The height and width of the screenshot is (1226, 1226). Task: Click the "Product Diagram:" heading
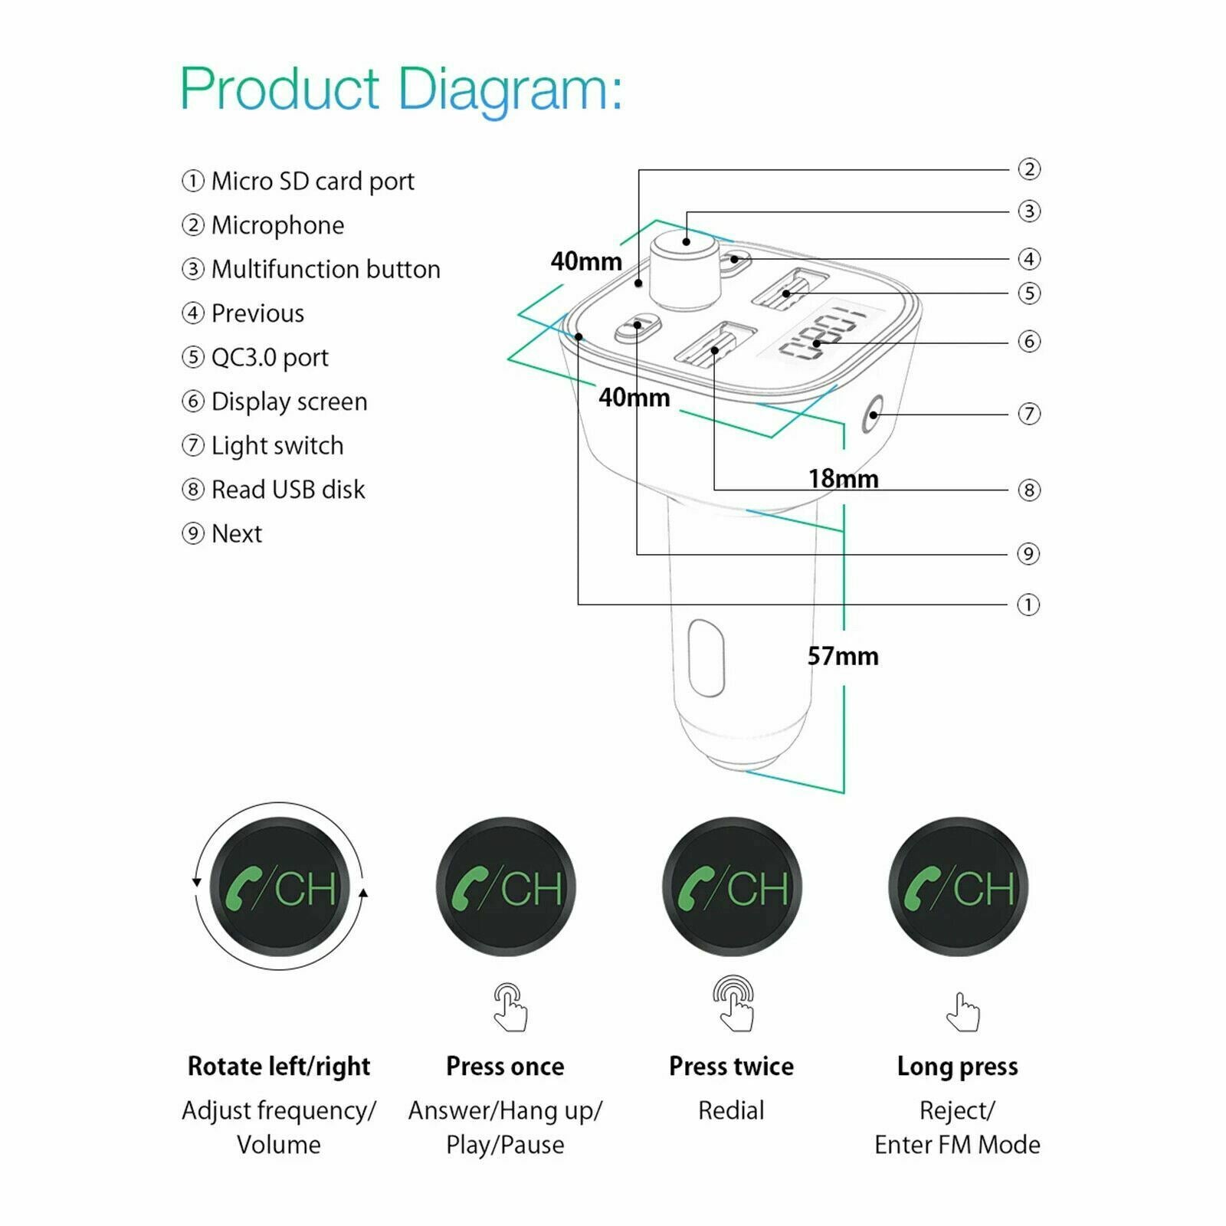pyautogui.click(x=401, y=90)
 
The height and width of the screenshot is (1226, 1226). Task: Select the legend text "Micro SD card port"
pyautogui.click(x=313, y=182)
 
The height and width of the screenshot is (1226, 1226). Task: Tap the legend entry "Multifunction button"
pyautogui.click(x=326, y=270)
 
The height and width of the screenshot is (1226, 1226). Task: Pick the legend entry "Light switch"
pyautogui.click(x=277, y=446)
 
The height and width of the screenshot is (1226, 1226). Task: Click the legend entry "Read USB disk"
pyautogui.click(x=288, y=490)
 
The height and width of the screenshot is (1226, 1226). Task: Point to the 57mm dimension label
pyautogui.click(x=843, y=657)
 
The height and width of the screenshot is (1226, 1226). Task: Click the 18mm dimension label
pyautogui.click(x=844, y=479)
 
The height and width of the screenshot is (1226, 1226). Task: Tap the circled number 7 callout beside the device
pyautogui.click(x=1029, y=414)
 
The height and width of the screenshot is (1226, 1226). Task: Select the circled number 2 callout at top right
pyautogui.click(x=1029, y=169)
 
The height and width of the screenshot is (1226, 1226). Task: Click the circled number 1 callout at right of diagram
pyautogui.click(x=1028, y=605)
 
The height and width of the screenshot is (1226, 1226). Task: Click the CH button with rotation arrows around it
pyautogui.click(x=280, y=887)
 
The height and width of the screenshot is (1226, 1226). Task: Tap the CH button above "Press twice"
pyautogui.click(x=732, y=887)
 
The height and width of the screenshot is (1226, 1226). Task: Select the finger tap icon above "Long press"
pyautogui.click(x=962, y=1013)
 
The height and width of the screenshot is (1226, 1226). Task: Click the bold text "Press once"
pyautogui.click(x=505, y=1067)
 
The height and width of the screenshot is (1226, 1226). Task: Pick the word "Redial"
pyautogui.click(x=731, y=1110)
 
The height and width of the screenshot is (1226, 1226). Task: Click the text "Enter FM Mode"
pyautogui.click(x=957, y=1145)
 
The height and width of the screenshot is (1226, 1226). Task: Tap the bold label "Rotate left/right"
pyautogui.click(x=279, y=1067)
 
